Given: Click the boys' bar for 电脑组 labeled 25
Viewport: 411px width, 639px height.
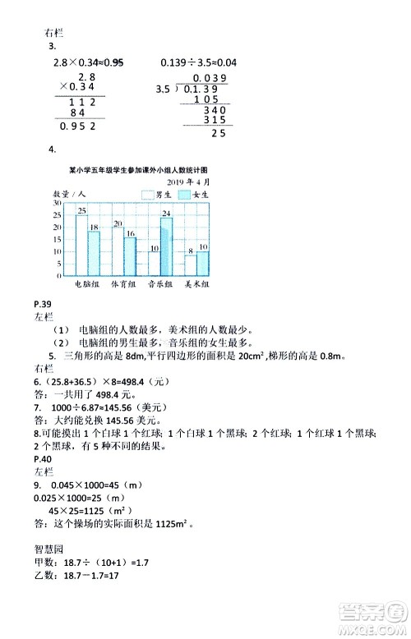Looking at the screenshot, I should click(x=81, y=246).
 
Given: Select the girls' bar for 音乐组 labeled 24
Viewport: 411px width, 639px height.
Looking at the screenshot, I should click(x=166, y=247).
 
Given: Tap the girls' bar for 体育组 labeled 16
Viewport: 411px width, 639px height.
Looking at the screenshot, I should click(x=130, y=257).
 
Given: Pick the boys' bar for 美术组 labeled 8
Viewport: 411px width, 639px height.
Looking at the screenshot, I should click(x=190, y=266).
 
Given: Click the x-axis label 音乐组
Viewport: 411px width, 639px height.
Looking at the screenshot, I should click(x=159, y=284).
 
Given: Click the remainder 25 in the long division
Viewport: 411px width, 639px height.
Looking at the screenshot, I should click(x=219, y=133).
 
